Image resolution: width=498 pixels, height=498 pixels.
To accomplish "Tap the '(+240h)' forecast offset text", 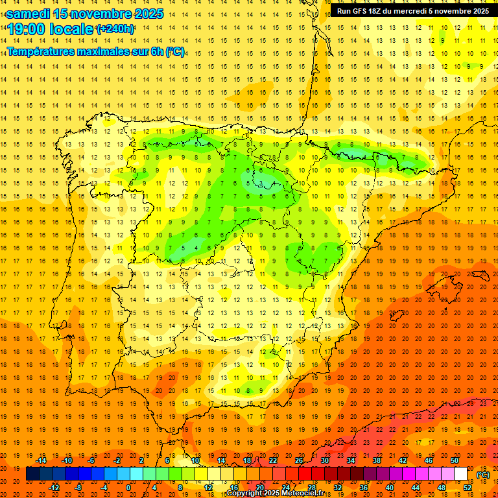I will tap(115, 29).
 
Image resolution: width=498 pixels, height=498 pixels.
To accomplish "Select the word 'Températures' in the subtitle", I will tap(41, 51).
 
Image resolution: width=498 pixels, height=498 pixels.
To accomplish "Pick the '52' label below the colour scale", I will tap(467, 488).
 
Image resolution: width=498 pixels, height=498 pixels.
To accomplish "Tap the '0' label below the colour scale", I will tap(128, 488).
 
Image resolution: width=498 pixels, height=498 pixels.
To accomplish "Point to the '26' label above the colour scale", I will tap(299, 460).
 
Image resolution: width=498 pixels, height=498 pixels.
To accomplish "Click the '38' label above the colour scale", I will tap(377, 460).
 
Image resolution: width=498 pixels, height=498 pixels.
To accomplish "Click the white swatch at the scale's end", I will tap(461, 474).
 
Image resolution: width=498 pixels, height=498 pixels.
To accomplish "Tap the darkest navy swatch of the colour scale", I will tap(33, 474).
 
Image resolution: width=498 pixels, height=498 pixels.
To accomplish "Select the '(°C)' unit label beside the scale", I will tap(483, 475).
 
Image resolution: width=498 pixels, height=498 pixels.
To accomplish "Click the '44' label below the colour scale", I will tap(415, 488).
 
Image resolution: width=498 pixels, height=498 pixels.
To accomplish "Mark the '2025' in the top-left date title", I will tap(146, 13).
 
